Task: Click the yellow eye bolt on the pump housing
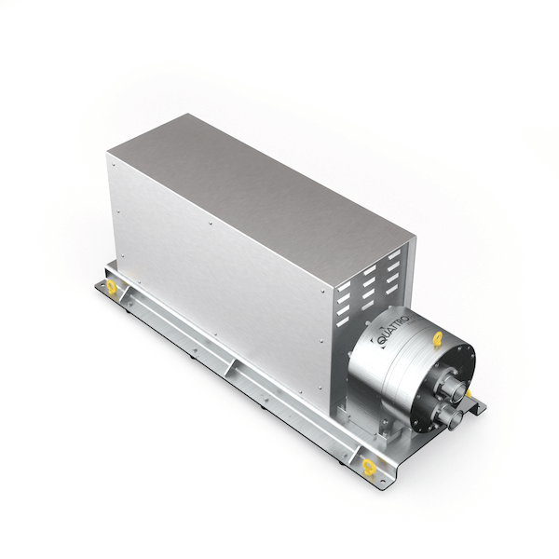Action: coord(438,337)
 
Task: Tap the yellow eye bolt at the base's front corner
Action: coord(369,467)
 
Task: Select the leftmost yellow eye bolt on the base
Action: coord(112,287)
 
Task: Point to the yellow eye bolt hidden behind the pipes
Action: coord(469,393)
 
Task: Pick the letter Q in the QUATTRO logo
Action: coord(381,341)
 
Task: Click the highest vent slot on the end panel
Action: coord(394,254)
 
